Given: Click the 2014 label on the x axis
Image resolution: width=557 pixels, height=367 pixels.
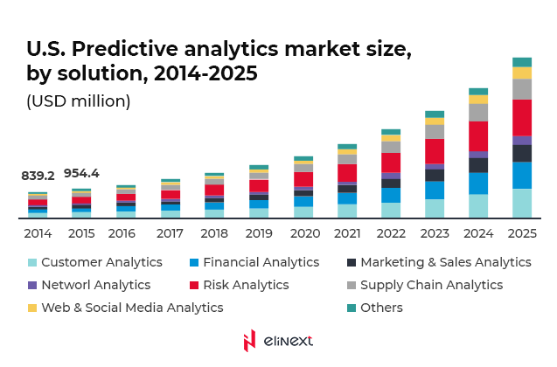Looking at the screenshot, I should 38,233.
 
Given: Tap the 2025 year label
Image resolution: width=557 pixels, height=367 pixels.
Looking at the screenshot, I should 522,233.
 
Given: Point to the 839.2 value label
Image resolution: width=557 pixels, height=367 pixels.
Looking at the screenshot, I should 38,176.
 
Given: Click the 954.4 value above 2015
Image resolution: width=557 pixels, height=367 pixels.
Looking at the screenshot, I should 81,173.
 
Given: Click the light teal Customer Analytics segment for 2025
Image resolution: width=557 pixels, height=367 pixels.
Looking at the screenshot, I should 522,203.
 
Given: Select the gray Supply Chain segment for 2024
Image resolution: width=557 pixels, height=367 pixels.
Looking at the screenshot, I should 478,112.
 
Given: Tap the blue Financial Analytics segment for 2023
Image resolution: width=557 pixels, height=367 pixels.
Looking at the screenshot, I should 435,190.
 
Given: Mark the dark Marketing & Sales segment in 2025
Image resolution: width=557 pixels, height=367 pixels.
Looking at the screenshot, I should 522,153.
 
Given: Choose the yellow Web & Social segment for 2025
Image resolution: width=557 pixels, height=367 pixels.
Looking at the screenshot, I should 522,73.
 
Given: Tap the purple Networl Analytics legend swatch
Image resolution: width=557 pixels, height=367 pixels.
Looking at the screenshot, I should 32,285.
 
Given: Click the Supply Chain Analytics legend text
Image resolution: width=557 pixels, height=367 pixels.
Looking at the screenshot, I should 431,285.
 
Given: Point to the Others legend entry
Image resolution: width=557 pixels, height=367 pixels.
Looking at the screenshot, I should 381,308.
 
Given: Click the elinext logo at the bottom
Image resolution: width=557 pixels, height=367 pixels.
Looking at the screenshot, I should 278,341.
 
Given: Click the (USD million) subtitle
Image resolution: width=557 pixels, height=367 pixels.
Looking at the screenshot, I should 79,101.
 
